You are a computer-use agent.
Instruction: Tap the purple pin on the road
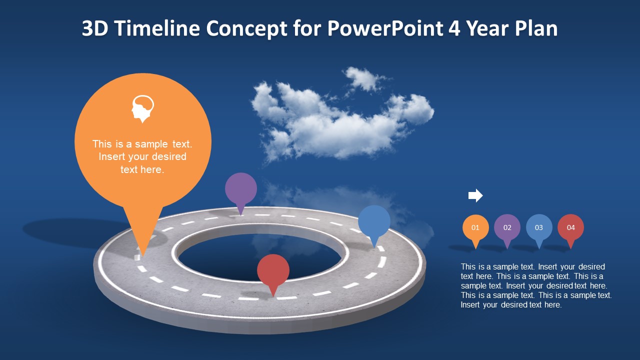241,189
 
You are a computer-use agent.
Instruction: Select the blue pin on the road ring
374,222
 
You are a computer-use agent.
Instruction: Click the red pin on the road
273,270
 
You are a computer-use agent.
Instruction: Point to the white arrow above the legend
475,195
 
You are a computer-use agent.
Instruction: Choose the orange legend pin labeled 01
475,227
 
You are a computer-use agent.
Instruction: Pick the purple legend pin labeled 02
507,227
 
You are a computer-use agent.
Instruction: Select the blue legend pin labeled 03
539,227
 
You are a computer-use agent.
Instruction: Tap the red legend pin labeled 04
570,227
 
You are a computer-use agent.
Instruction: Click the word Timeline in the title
157,29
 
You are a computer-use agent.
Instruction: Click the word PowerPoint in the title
385,29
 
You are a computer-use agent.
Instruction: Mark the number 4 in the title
454,29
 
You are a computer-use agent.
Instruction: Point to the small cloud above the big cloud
363,78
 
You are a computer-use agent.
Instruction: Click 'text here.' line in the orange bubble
142,169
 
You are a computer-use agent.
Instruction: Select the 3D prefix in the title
95,29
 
